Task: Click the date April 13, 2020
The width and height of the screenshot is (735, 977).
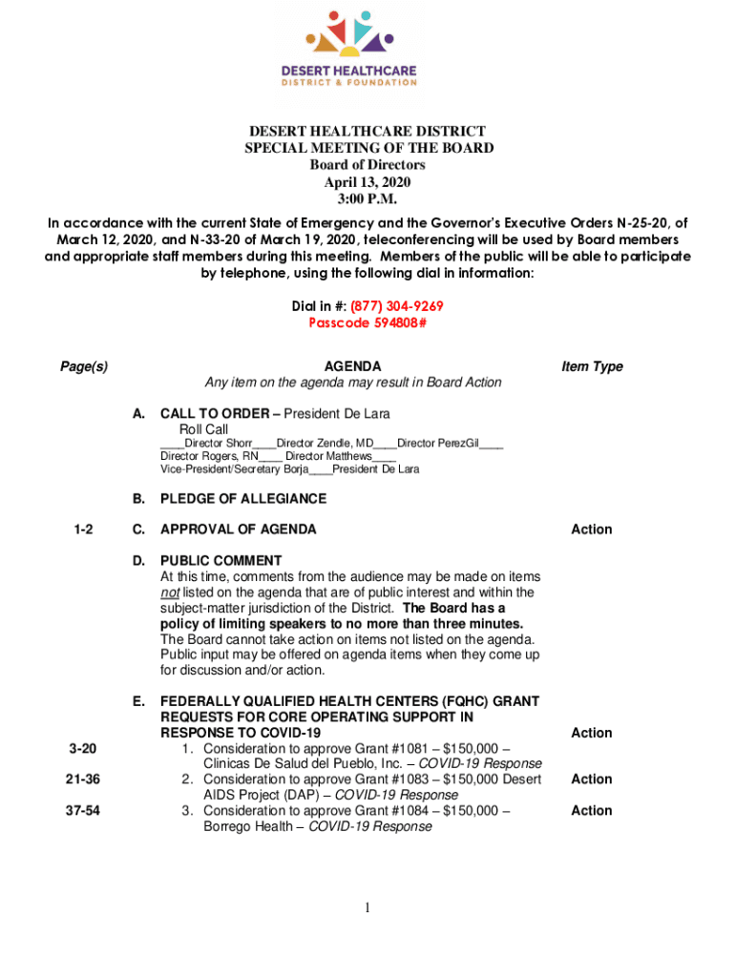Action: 367,182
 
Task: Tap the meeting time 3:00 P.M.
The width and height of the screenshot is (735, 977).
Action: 367,199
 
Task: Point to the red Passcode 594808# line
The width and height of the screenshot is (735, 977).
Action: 367,322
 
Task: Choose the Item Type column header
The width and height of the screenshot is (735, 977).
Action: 592,366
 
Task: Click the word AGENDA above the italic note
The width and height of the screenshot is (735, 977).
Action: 353,366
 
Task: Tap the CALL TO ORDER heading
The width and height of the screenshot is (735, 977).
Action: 215,413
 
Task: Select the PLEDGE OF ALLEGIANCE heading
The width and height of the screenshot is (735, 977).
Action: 243,499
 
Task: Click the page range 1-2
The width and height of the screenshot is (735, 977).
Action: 82,530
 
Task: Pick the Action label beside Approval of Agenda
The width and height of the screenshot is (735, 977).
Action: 592,530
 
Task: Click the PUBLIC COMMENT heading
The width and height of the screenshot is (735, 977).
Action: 220,560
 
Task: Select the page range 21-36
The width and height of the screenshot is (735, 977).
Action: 82,780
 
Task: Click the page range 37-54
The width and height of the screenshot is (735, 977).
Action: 82,810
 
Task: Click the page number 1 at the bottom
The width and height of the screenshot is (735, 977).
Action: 367,907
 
